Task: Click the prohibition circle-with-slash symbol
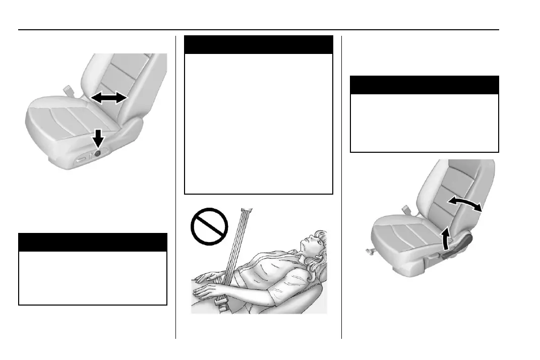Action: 207,226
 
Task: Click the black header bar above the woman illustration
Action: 259,44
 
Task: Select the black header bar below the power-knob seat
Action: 92,242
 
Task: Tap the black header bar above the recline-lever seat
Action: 424,85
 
